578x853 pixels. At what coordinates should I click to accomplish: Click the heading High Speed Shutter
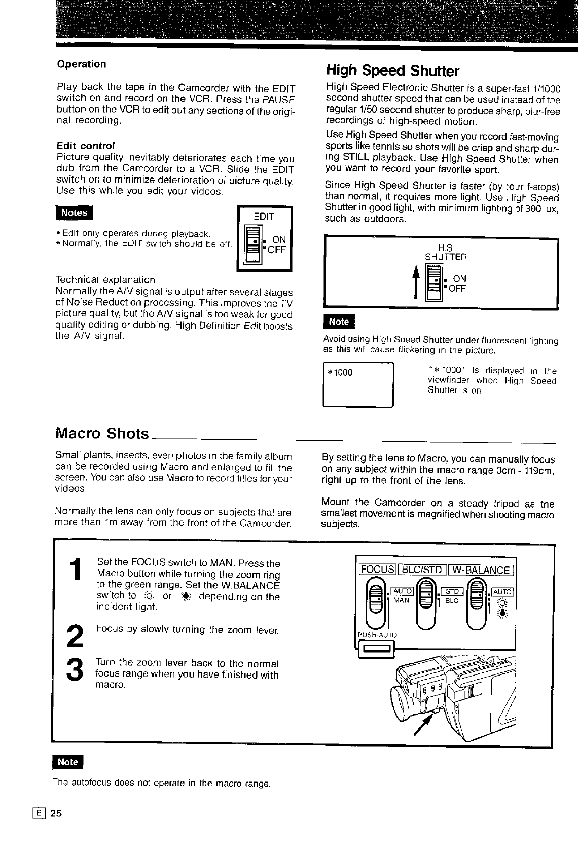tap(392, 70)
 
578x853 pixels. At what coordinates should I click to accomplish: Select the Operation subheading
tap(82, 64)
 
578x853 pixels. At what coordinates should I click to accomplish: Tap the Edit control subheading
tap(86, 146)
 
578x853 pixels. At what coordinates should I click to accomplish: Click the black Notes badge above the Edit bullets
tap(74, 212)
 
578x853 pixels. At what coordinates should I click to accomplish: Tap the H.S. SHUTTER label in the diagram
tap(446, 253)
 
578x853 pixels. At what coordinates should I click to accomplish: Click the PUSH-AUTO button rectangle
tap(374, 648)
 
